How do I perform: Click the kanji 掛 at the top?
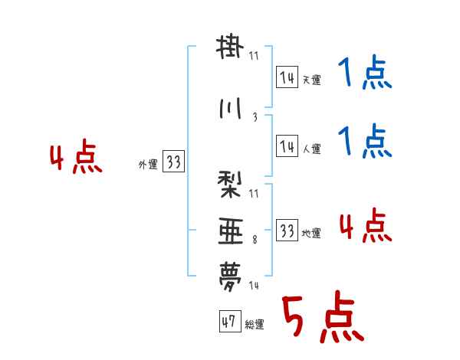[230, 47]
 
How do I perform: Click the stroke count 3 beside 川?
[255, 118]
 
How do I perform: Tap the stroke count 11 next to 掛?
[254, 55]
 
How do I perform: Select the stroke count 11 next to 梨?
[254, 193]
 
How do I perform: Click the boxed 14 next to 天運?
[287, 77]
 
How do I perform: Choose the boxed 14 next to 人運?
[287, 146]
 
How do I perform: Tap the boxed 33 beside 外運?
[173, 162]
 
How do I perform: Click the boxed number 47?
[229, 322]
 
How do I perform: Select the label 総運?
[255, 325]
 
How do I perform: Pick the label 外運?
[147, 165]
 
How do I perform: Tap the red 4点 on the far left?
[75, 159]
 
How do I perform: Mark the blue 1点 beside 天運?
[364, 76]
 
